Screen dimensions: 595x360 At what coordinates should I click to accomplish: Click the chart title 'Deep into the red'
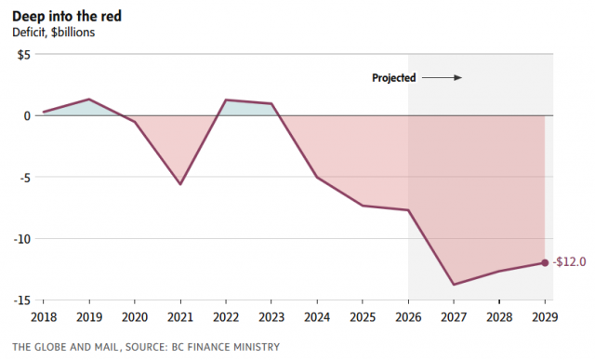(67, 17)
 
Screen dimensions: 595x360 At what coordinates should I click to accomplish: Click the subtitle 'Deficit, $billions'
(54, 33)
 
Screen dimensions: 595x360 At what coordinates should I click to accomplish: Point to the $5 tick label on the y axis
(23, 55)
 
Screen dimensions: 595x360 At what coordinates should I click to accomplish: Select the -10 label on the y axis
(22, 239)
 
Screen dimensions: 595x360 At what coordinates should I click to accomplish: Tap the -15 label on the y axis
(22, 300)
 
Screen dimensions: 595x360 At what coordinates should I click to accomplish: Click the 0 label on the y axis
(27, 116)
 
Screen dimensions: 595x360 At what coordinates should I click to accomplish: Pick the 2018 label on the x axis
(44, 317)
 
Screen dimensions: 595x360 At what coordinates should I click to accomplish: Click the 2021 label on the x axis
(180, 317)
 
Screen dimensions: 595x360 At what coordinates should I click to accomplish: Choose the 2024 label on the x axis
(317, 317)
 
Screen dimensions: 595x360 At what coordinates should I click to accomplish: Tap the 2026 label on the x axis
(408, 317)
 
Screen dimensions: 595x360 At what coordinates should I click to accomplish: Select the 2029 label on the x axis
(545, 317)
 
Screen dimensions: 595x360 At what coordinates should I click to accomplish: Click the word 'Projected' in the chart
(394, 78)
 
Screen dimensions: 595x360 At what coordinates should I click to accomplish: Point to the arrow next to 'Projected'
(443, 78)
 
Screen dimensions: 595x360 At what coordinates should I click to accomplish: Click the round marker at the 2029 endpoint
(545, 262)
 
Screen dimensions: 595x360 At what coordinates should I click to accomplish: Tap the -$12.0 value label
(569, 262)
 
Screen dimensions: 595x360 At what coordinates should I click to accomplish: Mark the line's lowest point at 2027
(454, 285)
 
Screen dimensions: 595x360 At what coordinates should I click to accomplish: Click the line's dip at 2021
(180, 184)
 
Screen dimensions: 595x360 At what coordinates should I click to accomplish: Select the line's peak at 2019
(89, 100)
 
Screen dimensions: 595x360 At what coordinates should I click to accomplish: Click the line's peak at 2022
(226, 100)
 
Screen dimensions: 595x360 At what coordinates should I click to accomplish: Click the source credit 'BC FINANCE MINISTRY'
(225, 347)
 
